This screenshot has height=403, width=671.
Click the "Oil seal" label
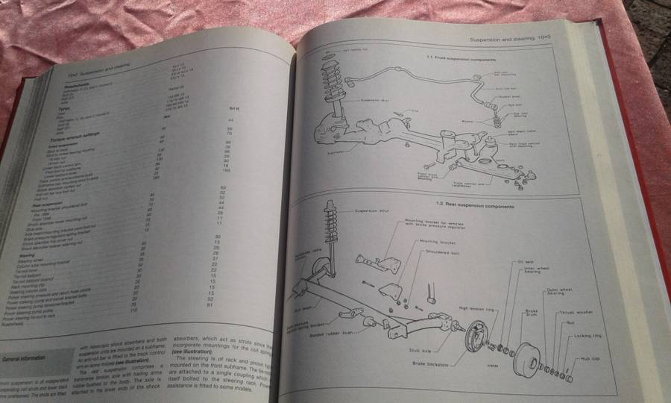coord(522,260)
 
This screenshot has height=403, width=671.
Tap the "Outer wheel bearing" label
coord(560,291)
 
